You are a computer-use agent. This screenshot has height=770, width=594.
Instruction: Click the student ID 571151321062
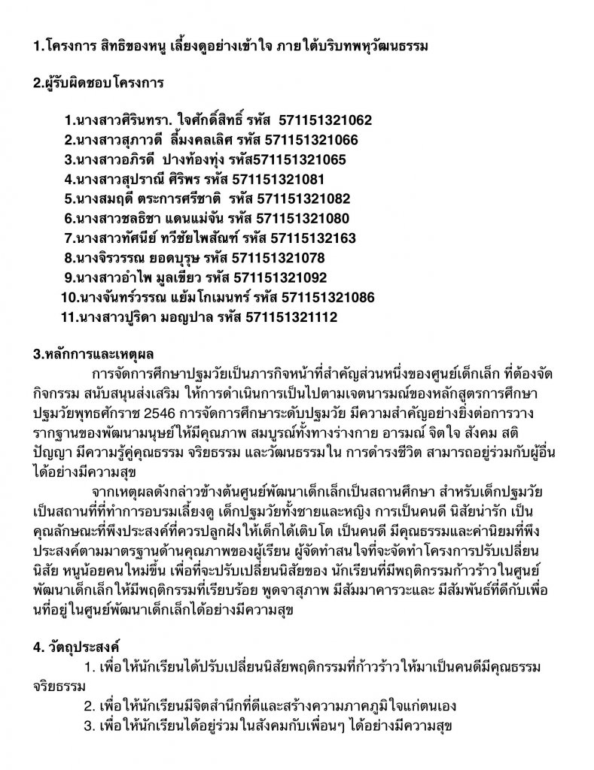[x=324, y=120]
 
